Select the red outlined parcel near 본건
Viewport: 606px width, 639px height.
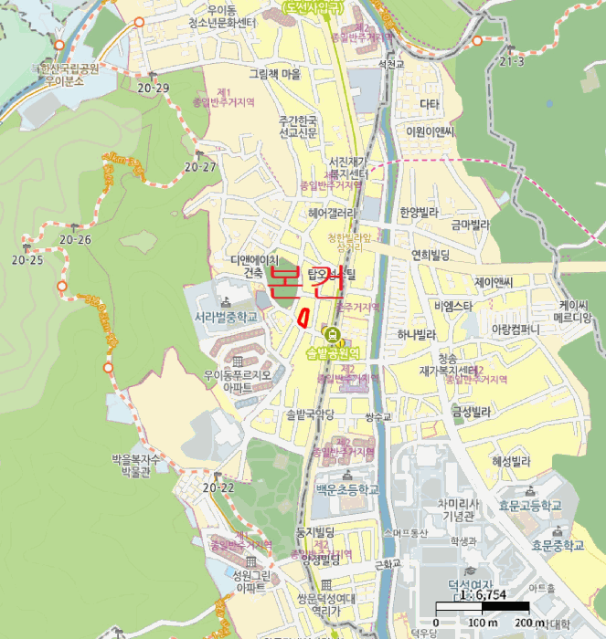pos(301,317)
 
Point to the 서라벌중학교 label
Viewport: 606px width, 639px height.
pos(225,317)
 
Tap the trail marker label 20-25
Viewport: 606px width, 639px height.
pos(27,260)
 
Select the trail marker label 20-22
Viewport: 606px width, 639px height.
pos(218,488)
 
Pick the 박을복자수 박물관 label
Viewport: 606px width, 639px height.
pos(135,466)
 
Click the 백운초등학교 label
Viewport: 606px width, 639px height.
pos(346,490)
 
